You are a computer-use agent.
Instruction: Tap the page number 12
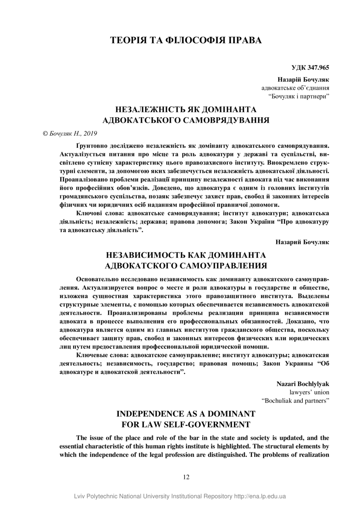point(186,477)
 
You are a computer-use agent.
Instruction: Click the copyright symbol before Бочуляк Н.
point(45,133)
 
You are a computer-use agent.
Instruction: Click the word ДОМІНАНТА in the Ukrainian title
point(225,109)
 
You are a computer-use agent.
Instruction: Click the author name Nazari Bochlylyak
point(303,384)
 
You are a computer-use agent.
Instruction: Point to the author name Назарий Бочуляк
point(302,241)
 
